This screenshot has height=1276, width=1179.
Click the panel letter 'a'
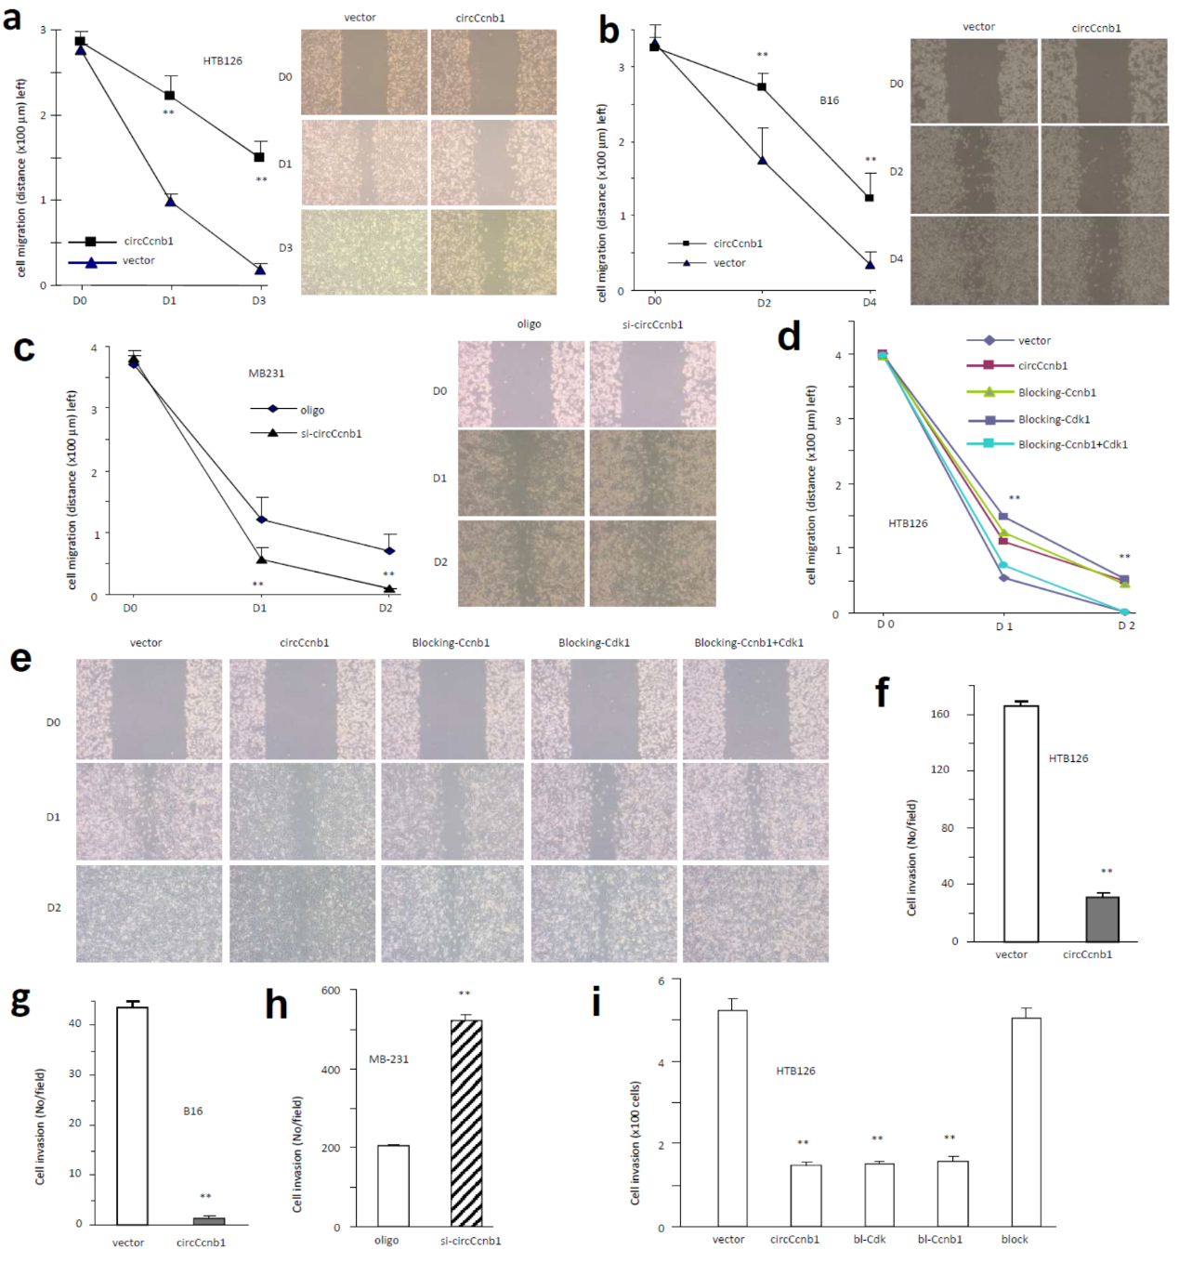(x=13, y=18)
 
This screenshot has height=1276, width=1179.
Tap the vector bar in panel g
(x=132, y=1115)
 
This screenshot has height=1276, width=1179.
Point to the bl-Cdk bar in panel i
(x=879, y=1194)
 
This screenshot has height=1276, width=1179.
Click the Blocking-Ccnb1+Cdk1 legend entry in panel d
(x=1072, y=444)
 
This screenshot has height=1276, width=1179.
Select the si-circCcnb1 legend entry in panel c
(x=331, y=433)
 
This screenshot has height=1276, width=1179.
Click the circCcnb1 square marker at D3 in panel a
(x=259, y=157)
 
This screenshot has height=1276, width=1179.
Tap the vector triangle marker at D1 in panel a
(x=170, y=201)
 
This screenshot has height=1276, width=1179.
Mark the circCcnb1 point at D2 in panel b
(x=762, y=87)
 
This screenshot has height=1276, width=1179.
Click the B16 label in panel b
(x=829, y=100)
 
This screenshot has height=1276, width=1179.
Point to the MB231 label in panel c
(x=266, y=373)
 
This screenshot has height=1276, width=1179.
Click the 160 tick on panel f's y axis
(x=940, y=714)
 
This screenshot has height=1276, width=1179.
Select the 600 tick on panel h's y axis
(x=331, y=991)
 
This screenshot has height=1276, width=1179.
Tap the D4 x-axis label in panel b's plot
(x=869, y=302)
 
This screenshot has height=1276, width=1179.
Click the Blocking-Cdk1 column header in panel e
(x=594, y=642)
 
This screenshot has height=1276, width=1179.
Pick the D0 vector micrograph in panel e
(x=149, y=709)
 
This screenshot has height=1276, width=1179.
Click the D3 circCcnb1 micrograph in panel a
(x=493, y=252)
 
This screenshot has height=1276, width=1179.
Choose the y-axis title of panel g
(x=40, y=1126)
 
